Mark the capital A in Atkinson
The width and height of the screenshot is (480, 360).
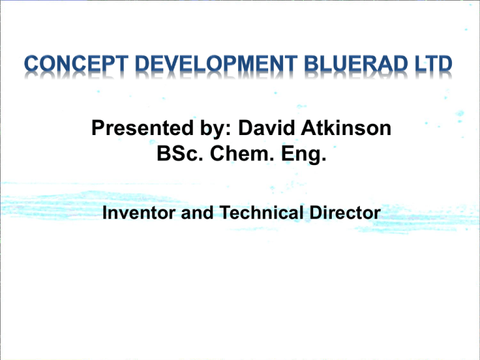click(314, 130)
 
